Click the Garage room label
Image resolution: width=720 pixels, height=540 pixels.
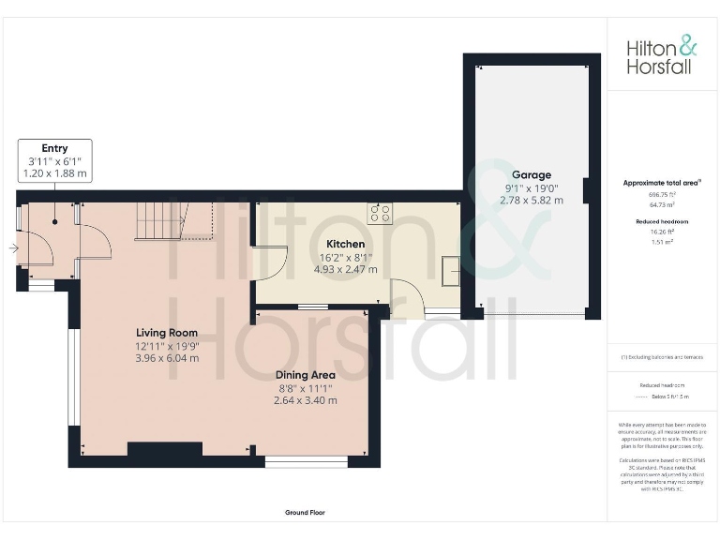531,174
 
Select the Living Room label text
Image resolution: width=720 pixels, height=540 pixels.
167,332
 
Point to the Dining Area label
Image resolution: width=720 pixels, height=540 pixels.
305,375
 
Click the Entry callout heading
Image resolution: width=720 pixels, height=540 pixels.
54,148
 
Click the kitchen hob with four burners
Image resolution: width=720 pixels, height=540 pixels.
380,213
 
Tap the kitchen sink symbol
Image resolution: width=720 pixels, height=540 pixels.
449,271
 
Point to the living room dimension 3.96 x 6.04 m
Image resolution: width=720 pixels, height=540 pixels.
167,357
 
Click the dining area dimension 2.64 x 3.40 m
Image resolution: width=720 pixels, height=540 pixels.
305,400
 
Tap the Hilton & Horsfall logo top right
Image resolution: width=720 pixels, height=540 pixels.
662,55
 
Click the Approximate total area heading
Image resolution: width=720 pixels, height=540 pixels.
662,183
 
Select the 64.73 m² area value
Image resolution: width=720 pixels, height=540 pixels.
662,203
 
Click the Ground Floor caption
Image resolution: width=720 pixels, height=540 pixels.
305,513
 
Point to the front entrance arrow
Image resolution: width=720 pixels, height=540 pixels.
11,248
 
